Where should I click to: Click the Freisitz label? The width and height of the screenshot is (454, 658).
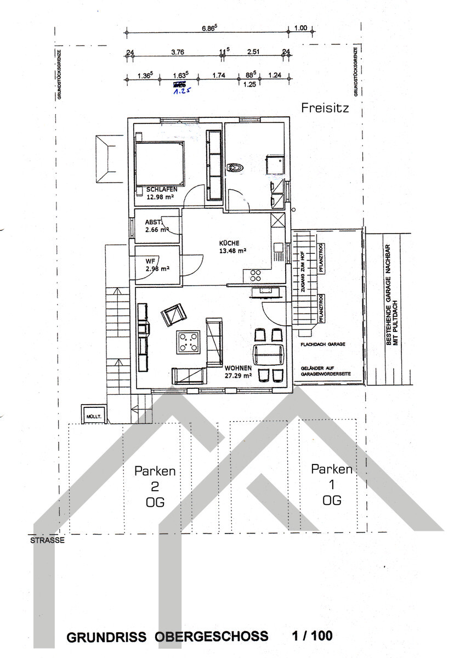[325, 108]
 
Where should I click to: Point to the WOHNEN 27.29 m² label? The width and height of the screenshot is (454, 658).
[238, 371]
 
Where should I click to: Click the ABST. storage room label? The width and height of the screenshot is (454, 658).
[156, 226]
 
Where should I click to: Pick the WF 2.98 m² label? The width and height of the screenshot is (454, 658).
[157, 265]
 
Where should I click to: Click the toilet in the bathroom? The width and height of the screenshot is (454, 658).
[235, 167]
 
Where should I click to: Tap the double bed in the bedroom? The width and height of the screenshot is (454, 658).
[160, 163]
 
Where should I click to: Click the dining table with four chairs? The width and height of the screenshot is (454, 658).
[269, 355]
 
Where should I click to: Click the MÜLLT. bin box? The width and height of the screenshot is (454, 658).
[94, 417]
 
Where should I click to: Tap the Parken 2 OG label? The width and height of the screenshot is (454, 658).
[155, 486]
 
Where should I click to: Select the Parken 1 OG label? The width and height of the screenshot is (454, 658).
[332, 484]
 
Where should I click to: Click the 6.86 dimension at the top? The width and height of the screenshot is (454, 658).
[209, 27]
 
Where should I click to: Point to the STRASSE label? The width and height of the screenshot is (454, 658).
[46, 540]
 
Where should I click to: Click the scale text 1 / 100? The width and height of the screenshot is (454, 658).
[313, 636]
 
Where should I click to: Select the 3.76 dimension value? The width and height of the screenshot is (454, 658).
[177, 52]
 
